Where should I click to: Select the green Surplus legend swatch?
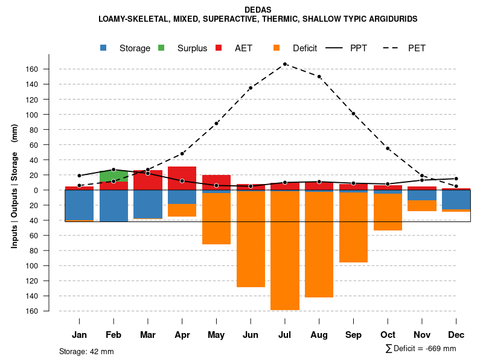tap(161, 48)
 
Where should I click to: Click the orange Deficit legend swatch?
tap(277, 48)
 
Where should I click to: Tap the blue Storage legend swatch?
tap(104, 48)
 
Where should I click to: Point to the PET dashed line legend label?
tap(417, 48)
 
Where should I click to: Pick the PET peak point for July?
tap(285, 64)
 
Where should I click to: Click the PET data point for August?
tap(319, 77)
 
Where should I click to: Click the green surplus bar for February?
tap(114, 176)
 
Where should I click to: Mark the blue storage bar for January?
tap(79, 205)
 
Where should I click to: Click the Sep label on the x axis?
tap(354, 335)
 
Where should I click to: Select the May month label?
tap(216, 335)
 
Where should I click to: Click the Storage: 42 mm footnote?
tap(86, 351)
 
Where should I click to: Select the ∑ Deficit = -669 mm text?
tap(420, 349)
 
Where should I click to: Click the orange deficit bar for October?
tap(388, 212)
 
